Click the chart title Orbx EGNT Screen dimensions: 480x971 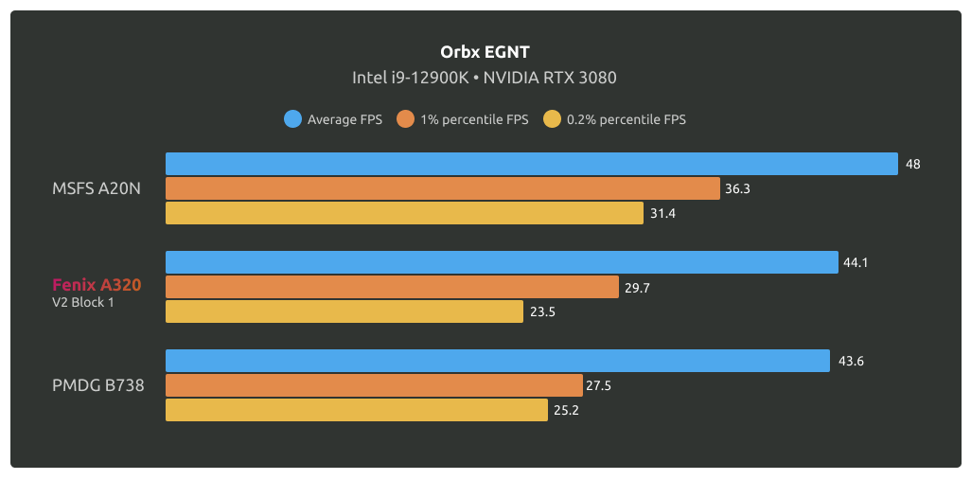coord(485,51)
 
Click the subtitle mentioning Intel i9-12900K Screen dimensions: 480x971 coord(485,78)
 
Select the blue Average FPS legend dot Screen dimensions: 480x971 coord(292,119)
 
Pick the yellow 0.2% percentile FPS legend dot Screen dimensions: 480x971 coord(552,119)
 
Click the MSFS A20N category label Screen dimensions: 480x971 coord(97,188)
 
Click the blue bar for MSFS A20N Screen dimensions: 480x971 coord(531,164)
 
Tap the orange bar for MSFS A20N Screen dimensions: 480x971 coord(442,188)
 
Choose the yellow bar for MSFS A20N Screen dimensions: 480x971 coord(404,213)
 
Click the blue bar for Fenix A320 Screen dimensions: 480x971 coord(502,262)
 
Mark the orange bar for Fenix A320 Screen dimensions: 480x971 coord(392,287)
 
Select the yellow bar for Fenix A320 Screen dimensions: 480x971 coord(344,311)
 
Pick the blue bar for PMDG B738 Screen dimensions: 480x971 coord(498,361)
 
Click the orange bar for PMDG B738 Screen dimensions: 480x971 coord(374,385)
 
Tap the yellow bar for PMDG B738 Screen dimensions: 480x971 coord(357,410)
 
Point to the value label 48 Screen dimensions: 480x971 coord(912,164)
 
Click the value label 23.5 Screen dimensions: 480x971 coord(542,311)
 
